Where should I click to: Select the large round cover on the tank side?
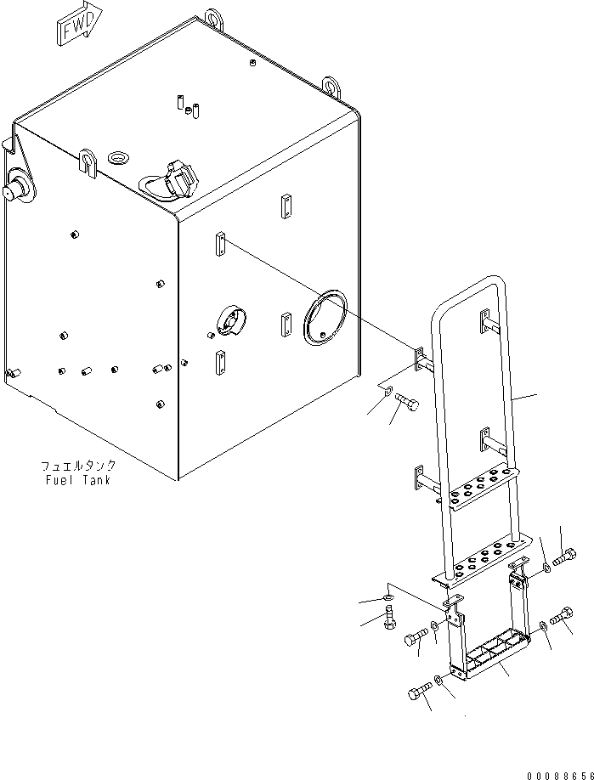(x=325, y=318)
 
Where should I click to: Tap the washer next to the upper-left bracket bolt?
(x=388, y=392)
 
